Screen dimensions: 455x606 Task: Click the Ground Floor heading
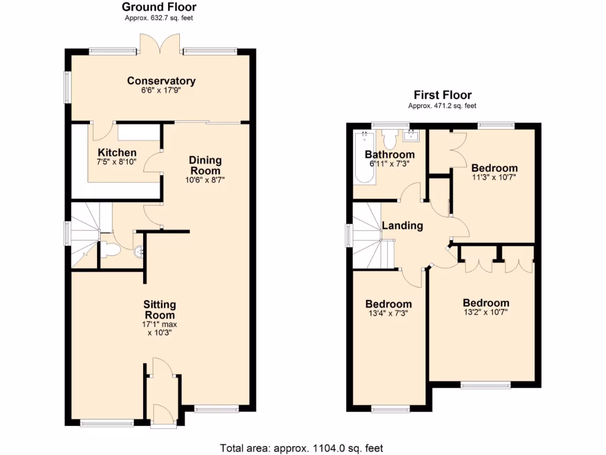(x=159, y=7)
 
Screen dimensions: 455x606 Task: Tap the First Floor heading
(x=442, y=95)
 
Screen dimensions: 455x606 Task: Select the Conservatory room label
(x=161, y=81)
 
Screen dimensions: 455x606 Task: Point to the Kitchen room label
(x=117, y=153)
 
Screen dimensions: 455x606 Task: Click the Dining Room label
(x=205, y=165)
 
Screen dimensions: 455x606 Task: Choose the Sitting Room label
(x=159, y=310)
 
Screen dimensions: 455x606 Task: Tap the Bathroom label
(x=389, y=155)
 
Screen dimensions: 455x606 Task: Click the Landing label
(x=402, y=226)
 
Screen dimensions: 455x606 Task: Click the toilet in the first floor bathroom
(x=389, y=139)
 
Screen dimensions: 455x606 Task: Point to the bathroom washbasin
(x=411, y=137)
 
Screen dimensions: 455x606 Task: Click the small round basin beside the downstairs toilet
(x=140, y=251)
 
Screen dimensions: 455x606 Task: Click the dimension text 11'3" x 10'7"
(x=494, y=177)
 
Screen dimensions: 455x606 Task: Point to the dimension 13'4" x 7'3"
(x=388, y=313)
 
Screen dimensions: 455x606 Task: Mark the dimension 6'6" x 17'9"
(x=161, y=91)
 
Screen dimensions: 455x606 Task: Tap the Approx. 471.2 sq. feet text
(x=442, y=105)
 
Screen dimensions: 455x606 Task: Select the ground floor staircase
(x=85, y=234)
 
